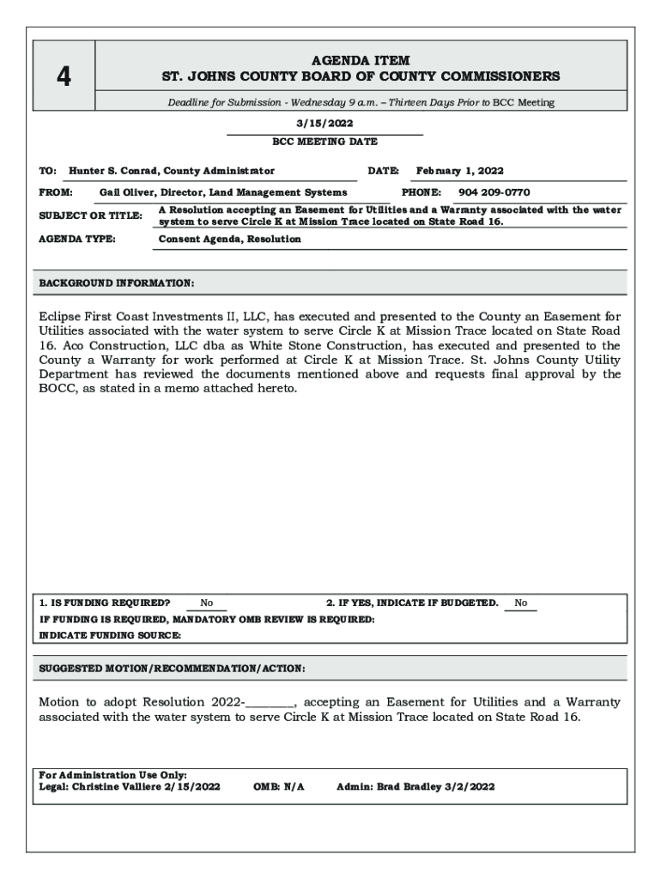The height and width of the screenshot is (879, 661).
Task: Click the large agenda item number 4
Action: point(64,77)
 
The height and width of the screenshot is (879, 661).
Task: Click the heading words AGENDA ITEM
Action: point(361,60)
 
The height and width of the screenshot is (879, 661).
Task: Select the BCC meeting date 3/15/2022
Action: point(324,124)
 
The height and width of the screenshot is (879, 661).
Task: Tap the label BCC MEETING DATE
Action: point(324,142)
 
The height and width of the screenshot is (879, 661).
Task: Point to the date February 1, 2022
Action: point(460,171)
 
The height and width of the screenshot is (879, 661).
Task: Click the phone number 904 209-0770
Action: point(494,193)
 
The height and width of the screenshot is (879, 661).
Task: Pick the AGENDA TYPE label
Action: point(77,239)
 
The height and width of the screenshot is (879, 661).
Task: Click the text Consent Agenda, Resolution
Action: point(229,239)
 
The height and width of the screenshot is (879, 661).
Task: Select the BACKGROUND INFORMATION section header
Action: point(117,282)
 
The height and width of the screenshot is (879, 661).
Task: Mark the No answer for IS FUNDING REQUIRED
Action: point(207,603)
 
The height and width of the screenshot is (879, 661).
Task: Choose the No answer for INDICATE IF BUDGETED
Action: point(521,603)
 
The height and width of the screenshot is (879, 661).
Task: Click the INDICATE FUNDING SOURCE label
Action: point(111,635)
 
